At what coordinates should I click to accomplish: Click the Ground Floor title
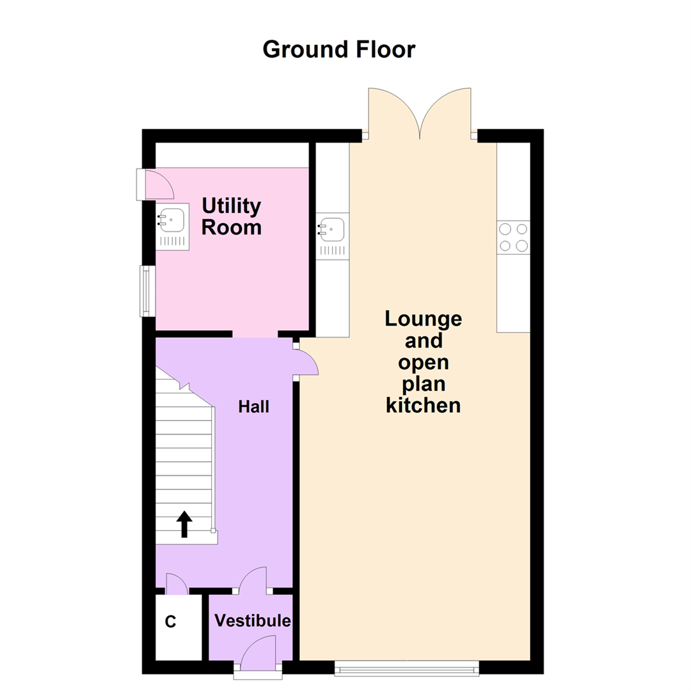[338, 49]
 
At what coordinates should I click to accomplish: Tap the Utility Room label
[232, 216]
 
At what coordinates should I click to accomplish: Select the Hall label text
[254, 406]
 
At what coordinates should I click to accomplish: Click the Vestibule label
[252, 621]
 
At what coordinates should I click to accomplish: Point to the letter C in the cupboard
[171, 622]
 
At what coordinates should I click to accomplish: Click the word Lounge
[423, 319]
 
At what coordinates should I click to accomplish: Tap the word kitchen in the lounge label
[423, 405]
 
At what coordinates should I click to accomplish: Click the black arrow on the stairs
[184, 524]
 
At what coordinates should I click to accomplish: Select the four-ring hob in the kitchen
[514, 237]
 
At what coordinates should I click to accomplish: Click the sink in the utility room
[172, 221]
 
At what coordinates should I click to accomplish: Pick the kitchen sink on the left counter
[333, 227]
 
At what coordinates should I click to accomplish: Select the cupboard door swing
[176, 582]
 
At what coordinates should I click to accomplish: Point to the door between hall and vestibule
[254, 578]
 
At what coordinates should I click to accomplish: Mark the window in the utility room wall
[147, 290]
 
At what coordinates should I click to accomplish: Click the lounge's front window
[407, 669]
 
